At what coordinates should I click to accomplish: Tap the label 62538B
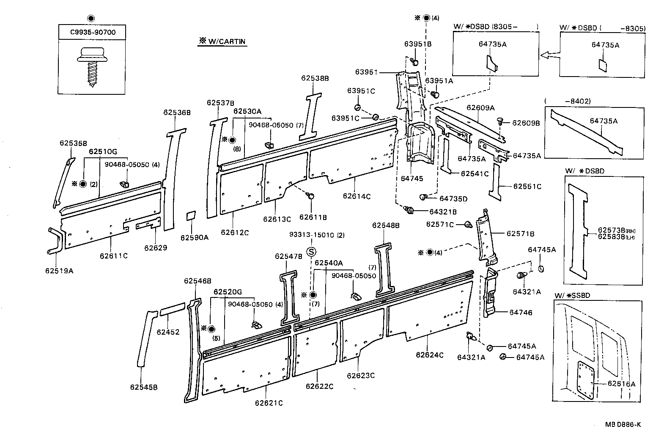click(315, 78)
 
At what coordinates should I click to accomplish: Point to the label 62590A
click(194, 237)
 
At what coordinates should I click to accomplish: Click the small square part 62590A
click(191, 215)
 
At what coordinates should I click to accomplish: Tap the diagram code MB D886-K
click(622, 425)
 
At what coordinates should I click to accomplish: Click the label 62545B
click(144, 387)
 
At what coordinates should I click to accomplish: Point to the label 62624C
click(429, 355)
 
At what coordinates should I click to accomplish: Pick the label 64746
click(520, 312)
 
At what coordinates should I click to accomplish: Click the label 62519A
click(59, 270)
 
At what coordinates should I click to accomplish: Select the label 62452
click(168, 332)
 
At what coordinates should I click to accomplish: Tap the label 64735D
click(453, 198)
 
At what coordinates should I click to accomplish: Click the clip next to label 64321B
click(409, 209)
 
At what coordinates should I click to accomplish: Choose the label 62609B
click(526, 123)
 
